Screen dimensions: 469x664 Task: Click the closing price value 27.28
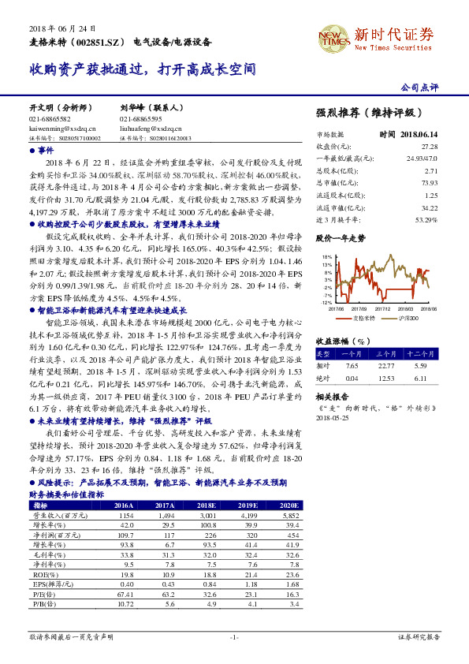pos(429,147)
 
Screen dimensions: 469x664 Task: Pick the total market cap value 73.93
pos(429,182)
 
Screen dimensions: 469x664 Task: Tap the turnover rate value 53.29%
pos(426,218)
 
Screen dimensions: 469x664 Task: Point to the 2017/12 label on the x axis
pos(382,309)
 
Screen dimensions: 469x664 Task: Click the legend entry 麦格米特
pos(362,317)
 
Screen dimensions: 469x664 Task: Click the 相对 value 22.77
pos(385,365)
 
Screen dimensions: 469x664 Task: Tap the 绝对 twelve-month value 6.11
pos(420,377)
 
